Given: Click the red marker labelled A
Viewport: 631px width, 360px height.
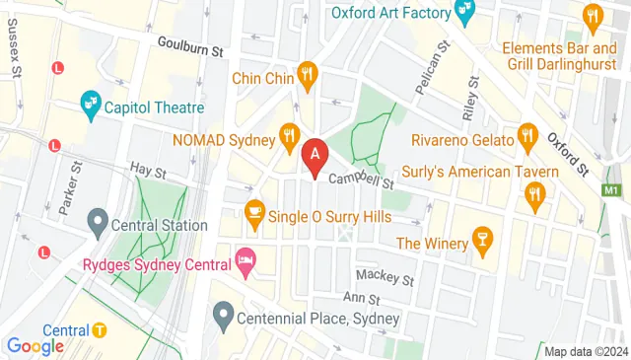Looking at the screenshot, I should (315, 155).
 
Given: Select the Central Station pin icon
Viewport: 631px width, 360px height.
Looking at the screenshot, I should (98, 220).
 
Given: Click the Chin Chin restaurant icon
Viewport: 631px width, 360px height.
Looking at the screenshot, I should (309, 75).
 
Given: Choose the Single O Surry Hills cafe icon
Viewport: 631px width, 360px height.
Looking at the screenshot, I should (254, 212).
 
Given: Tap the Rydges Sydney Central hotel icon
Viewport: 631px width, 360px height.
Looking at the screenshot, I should (245, 263).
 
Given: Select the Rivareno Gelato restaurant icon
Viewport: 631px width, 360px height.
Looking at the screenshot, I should (526, 136).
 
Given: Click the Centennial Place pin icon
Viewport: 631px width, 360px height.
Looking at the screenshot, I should (223, 318).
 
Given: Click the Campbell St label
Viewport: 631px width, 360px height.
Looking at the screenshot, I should (361, 180).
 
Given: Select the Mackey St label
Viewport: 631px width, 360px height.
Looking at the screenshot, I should (384, 275).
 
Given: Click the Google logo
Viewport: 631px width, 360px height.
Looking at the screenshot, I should (35, 345).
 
